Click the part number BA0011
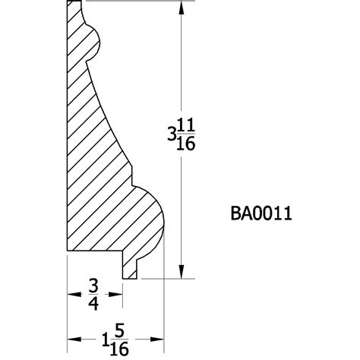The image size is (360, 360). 261,213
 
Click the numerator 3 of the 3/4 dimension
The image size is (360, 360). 94,286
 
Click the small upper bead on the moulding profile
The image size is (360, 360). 96,42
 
